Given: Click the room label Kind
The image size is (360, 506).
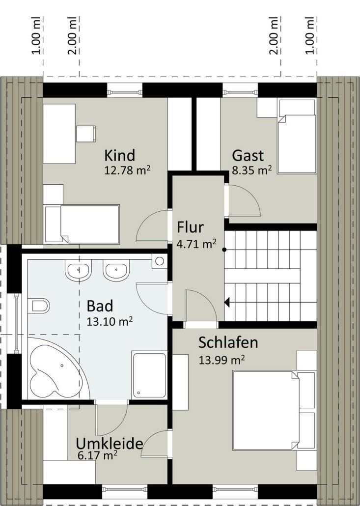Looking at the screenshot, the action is coord(119,156).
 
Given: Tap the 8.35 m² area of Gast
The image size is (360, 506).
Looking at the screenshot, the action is coord(252,170).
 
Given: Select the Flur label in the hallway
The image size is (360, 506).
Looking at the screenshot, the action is coord(191,227).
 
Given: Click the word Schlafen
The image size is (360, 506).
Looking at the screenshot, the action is coord(228,343).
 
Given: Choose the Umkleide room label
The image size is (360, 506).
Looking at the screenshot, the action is coord(110,444).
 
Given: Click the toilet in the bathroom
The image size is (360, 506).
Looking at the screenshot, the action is coord(39,306).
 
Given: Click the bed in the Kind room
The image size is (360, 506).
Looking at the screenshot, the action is coord(82,225).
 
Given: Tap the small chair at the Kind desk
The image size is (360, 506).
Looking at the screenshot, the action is coord(86,134).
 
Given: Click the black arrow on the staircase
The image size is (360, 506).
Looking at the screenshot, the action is coord(227,303).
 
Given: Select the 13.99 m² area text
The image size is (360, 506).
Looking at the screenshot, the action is coord(222,359).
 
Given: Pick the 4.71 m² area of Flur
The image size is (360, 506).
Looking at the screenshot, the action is coord(196,244).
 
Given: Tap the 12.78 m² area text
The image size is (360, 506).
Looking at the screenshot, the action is coord(127,170).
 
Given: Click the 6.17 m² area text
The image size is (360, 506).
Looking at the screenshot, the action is coord(97,455).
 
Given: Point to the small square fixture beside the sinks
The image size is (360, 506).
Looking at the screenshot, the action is coord(159,261).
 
